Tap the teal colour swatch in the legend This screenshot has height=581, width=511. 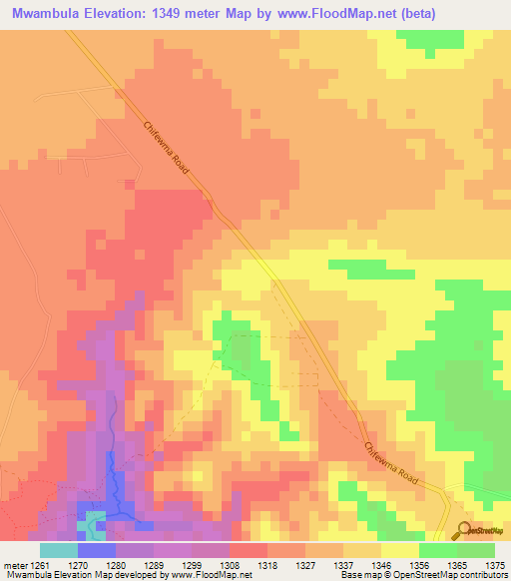(x=59, y=550)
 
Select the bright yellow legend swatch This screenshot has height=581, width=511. (x=400, y=550)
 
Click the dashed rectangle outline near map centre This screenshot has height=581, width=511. (x=275, y=360)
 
